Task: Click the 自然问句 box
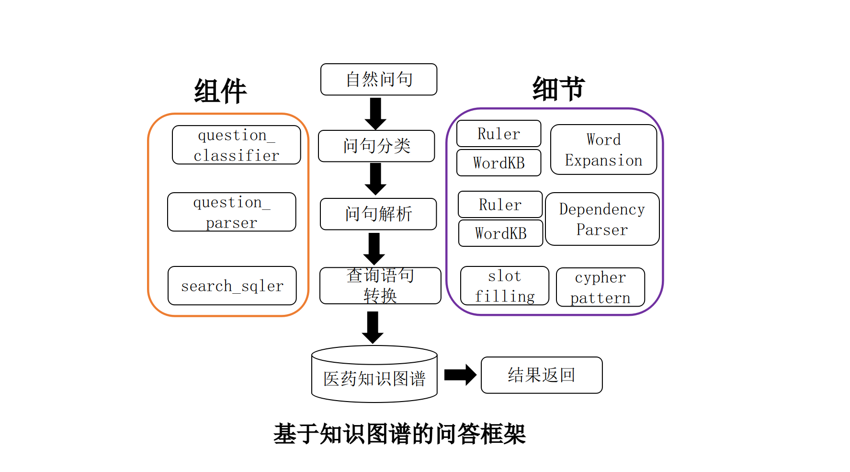pyautogui.click(x=378, y=80)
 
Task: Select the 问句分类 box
pyautogui.click(x=376, y=146)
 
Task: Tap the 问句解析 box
pyautogui.click(x=378, y=214)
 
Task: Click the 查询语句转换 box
pyautogui.click(x=380, y=286)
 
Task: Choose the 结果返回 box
pyautogui.click(x=541, y=375)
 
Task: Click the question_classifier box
pyautogui.click(x=236, y=145)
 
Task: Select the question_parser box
pyautogui.click(x=231, y=212)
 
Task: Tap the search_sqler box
pyautogui.click(x=232, y=286)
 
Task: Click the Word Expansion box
pyautogui.click(x=603, y=150)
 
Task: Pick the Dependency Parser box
pyautogui.click(x=602, y=219)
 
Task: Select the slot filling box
pyautogui.click(x=504, y=286)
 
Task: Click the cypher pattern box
pyautogui.click(x=600, y=287)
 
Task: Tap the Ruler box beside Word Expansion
pyautogui.click(x=499, y=134)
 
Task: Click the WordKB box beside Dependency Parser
pyautogui.click(x=500, y=233)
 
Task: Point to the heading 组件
pyautogui.click(x=220, y=91)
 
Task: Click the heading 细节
pyautogui.click(x=558, y=89)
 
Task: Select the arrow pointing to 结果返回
pyautogui.click(x=460, y=375)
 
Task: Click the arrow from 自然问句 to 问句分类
pyautogui.click(x=375, y=113)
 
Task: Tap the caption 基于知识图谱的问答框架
pyautogui.click(x=399, y=434)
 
